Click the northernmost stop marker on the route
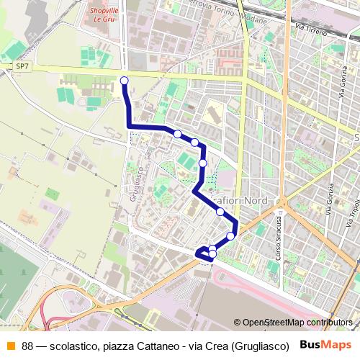tap(125, 80)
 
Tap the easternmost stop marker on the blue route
tap(231, 235)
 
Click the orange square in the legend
tap(10, 344)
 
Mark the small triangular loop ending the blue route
tap(204, 253)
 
